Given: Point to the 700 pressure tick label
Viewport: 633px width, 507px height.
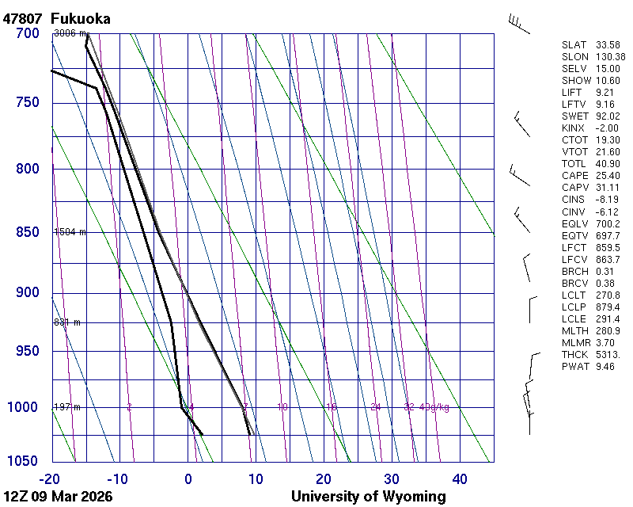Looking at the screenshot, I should pos(27,33).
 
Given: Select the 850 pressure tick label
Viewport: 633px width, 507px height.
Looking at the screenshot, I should pos(27,232).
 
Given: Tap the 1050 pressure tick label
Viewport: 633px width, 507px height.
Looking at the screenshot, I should pos(24,462).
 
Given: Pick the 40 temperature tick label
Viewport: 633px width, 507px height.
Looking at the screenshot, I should pos(460,478).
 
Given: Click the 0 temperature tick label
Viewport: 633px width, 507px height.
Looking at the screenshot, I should pos(188,478).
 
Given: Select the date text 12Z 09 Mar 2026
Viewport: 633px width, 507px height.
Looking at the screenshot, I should pos(58,497).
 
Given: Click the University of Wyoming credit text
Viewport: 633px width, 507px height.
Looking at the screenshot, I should pos(368,497).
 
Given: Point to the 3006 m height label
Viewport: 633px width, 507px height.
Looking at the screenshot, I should pos(70,33).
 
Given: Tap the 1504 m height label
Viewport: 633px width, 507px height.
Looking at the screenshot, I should pos(70,232).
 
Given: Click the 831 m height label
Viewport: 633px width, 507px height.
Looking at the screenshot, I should pos(67,322).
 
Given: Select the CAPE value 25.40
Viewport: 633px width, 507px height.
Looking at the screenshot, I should pos(608,175).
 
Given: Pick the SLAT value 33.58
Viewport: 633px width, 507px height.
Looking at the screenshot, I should pos(608,44).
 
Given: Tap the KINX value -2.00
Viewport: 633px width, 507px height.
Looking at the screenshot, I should pos(607,128).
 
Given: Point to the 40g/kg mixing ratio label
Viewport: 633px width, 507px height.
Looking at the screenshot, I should pos(434,407).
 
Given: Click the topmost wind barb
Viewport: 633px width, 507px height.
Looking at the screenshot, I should pos(518,24).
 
